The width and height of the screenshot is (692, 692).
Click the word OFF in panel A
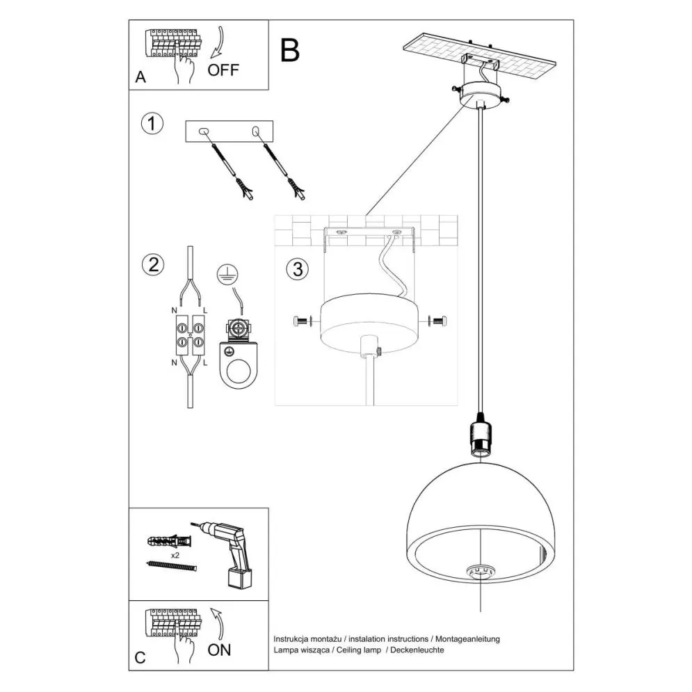click(x=223, y=70)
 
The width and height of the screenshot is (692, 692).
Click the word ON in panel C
click(x=219, y=650)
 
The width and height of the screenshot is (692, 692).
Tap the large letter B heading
click(x=290, y=49)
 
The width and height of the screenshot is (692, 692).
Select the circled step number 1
click(x=152, y=124)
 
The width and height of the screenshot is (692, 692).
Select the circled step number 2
click(x=152, y=264)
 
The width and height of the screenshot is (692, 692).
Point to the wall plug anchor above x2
click(x=168, y=540)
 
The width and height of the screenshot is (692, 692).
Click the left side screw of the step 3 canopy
click(x=303, y=321)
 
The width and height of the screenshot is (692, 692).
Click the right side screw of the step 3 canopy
click(x=439, y=321)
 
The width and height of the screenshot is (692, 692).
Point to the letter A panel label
click(x=140, y=78)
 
